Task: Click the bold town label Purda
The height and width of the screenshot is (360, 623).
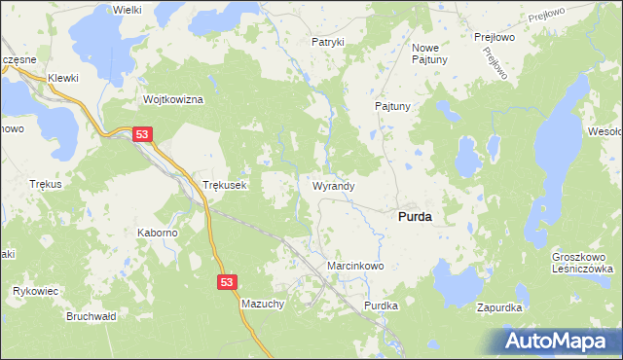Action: pos(416,218)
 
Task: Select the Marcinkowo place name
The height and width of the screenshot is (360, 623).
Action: pos(355,266)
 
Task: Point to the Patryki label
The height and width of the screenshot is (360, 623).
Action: pos(328,42)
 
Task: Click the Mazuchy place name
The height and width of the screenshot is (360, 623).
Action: pos(263,305)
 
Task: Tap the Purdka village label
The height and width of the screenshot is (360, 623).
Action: pos(382,306)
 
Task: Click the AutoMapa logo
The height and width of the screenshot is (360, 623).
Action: pos(559,341)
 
